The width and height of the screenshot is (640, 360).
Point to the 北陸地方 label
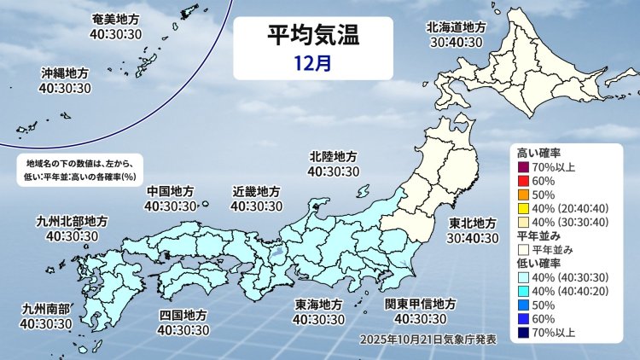point(334,156)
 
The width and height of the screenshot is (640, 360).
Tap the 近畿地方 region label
point(256,190)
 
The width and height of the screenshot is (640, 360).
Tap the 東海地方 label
point(318,305)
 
